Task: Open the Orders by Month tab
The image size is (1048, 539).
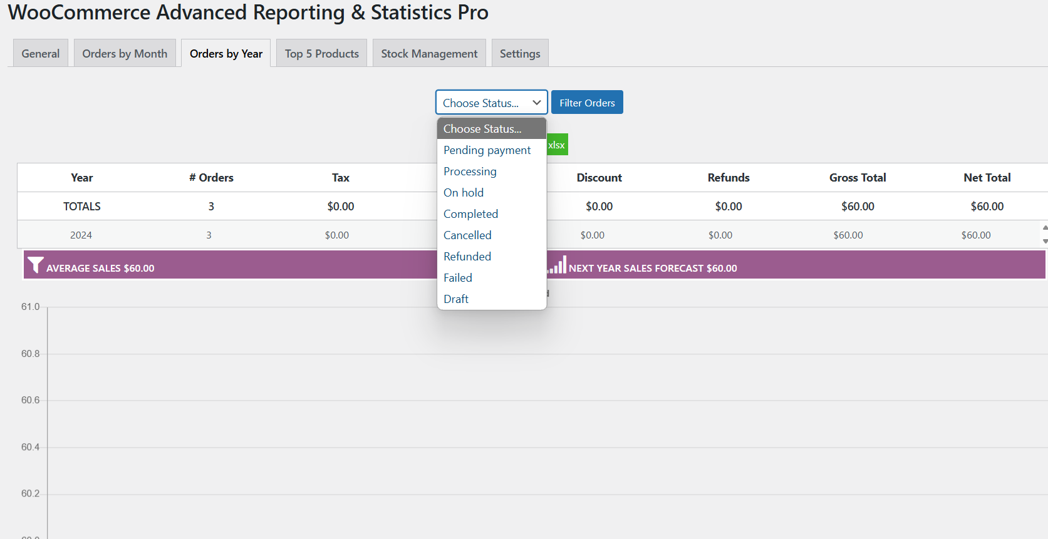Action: pyautogui.click(x=125, y=54)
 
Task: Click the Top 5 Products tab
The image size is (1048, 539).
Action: pyautogui.click(x=321, y=54)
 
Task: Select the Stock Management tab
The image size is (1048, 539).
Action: pyautogui.click(x=429, y=54)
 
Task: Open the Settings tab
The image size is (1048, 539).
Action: pyautogui.click(x=519, y=54)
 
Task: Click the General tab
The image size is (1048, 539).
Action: pyautogui.click(x=41, y=54)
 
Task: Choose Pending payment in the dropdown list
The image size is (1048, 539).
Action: pyautogui.click(x=487, y=150)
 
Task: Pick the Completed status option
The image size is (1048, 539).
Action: pyautogui.click(x=470, y=214)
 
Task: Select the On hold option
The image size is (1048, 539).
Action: pyautogui.click(x=464, y=193)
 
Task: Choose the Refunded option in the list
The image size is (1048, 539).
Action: pyautogui.click(x=467, y=257)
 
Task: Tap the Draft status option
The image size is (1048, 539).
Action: pyautogui.click(x=456, y=299)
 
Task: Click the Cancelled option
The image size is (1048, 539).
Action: pyautogui.click(x=467, y=235)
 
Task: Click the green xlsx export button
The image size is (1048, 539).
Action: pyautogui.click(x=557, y=145)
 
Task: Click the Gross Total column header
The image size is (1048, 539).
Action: pyautogui.click(x=857, y=178)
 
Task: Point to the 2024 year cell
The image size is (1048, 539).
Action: pyautogui.click(x=81, y=235)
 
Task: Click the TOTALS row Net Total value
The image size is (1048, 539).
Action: pyautogui.click(x=987, y=207)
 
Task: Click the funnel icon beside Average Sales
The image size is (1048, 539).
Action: pyautogui.click(x=36, y=265)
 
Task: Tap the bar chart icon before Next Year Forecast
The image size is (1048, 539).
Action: pyautogui.click(x=558, y=265)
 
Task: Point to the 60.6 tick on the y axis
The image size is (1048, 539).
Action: pyautogui.click(x=30, y=400)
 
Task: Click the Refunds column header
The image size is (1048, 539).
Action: pyautogui.click(x=728, y=178)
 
